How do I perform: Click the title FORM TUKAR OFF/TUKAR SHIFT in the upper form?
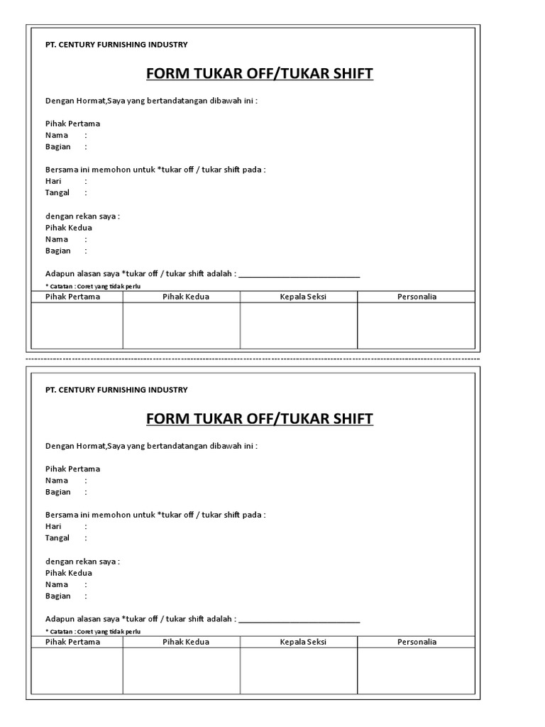click(259, 74)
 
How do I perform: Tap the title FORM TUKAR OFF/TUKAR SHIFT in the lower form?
click(259, 419)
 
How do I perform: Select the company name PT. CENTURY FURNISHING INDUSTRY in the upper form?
click(116, 45)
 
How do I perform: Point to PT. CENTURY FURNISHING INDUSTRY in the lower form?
click(116, 390)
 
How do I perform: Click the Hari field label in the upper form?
click(53, 181)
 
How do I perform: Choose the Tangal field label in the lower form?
click(57, 538)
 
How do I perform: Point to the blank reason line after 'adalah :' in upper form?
click(299, 275)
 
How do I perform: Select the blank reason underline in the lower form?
click(299, 621)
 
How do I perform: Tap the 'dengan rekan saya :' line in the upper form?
click(82, 216)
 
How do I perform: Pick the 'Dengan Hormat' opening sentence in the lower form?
click(151, 446)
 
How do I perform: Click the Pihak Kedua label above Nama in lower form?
click(69, 573)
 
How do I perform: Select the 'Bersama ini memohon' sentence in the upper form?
click(155, 170)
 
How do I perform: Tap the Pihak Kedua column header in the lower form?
click(186, 642)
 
